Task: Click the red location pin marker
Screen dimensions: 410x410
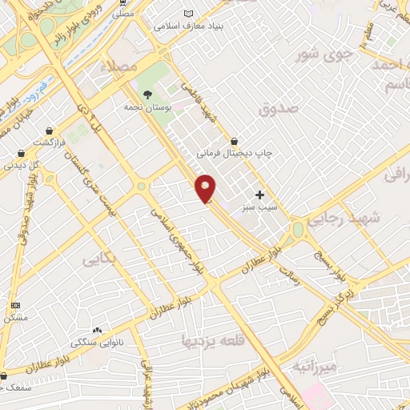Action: [x=205, y=188]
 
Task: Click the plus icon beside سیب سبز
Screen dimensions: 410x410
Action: [x=259, y=195]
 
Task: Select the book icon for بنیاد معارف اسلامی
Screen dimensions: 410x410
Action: [x=189, y=14]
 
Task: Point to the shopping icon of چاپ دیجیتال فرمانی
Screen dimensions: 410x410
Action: [x=234, y=141]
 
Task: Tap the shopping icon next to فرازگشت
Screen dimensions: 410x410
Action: [x=50, y=130]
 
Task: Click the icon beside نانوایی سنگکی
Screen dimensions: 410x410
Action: [x=97, y=330]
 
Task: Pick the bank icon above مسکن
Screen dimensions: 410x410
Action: [x=15, y=306]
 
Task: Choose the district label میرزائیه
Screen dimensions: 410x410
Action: [x=312, y=368]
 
